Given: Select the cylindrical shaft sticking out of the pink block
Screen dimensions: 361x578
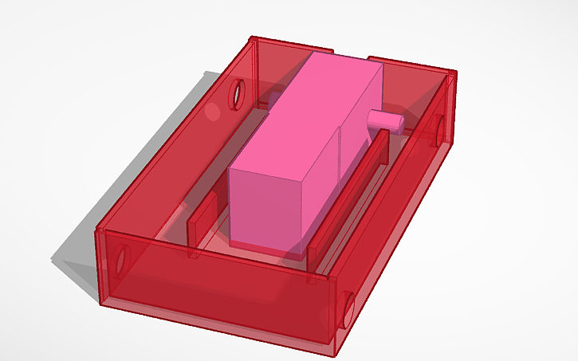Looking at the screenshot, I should (x=384, y=120).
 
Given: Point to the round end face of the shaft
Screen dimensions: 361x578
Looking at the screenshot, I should (x=399, y=121).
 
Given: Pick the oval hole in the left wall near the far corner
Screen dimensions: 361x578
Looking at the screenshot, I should (x=237, y=94).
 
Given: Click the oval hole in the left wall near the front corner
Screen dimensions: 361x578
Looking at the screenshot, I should (x=121, y=258).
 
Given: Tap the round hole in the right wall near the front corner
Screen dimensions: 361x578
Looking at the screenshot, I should (x=348, y=309).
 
